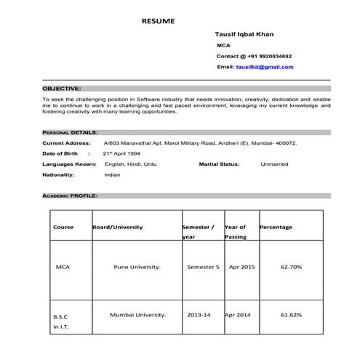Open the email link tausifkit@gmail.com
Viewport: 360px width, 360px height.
(265, 67)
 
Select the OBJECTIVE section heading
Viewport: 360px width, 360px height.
(62, 87)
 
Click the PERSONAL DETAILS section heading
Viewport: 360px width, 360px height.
(69, 133)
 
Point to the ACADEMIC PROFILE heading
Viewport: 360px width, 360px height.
(70, 196)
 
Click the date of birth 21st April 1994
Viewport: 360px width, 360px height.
(121, 154)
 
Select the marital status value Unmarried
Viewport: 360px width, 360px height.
(274, 164)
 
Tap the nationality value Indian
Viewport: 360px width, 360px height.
(112, 175)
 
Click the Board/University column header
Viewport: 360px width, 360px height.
(118, 227)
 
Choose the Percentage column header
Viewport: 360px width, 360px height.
(276, 227)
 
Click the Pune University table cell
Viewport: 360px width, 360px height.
(137, 267)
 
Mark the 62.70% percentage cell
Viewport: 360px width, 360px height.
(292, 267)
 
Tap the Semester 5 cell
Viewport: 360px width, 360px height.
(203, 267)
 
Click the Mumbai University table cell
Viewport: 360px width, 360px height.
(137, 315)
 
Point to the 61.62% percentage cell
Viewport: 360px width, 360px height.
(292, 315)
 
